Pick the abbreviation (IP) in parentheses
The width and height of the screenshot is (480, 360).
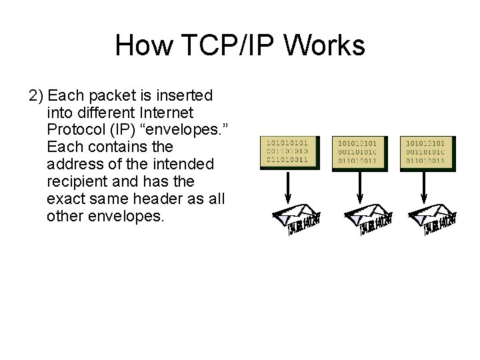point(117,129)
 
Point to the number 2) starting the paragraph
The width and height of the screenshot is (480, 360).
point(37,94)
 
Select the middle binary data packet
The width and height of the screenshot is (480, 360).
point(361,153)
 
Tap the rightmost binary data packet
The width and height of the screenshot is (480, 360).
point(427,153)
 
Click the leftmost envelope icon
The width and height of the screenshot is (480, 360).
point(295,221)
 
